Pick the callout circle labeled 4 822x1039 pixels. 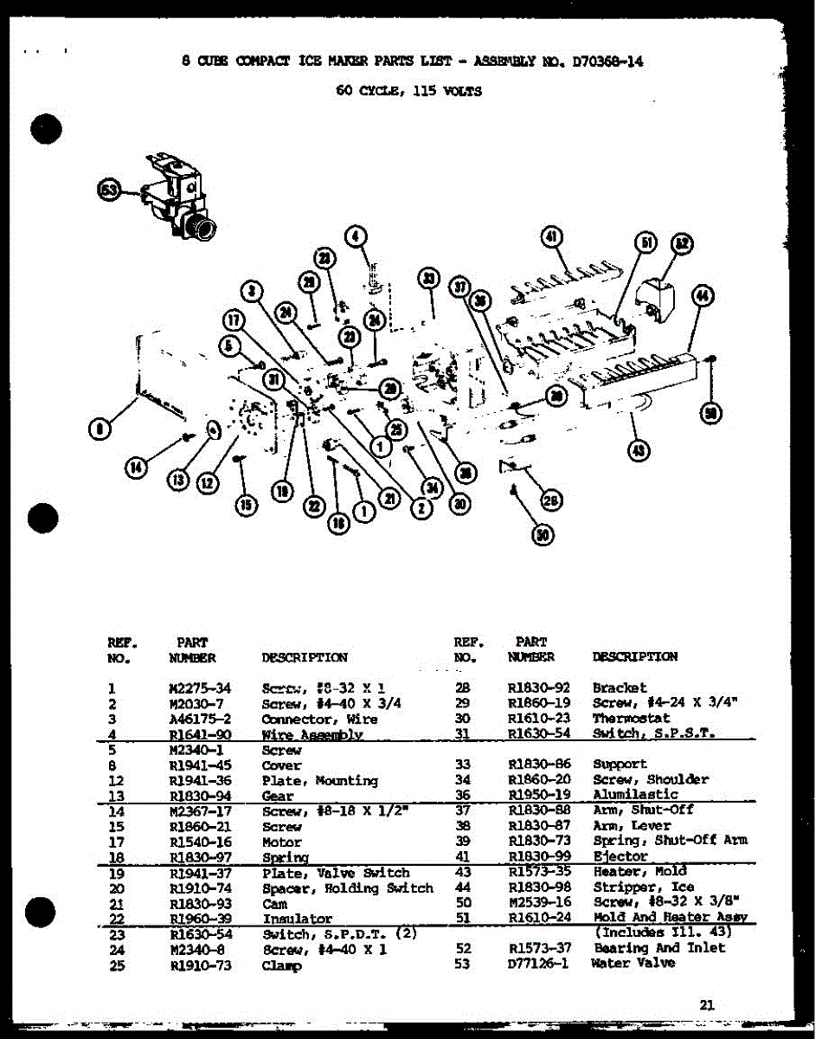click(356, 236)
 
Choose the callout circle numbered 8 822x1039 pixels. click(101, 428)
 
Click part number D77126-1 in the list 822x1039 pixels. click(537, 964)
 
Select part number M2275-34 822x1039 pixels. click(200, 688)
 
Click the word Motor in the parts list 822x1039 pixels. click(282, 842)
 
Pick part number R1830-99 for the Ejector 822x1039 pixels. click(537, 855)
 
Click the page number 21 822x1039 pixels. click(707, 1005)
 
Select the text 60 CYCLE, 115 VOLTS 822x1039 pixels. click(408, 89)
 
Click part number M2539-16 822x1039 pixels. click(537, 902)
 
